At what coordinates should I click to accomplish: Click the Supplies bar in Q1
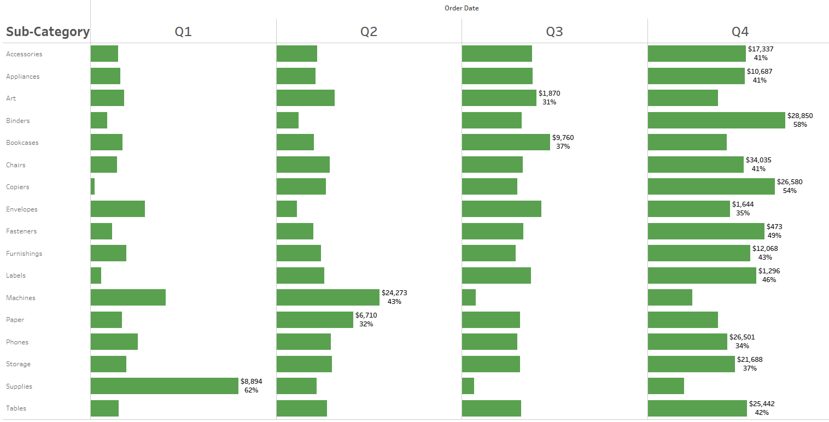pos(165,386)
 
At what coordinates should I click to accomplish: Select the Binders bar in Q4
pos(716,120)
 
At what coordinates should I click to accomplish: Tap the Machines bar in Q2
pos(328,297)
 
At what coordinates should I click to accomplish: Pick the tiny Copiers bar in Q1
pos(93,187)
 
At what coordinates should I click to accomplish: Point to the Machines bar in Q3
pos(469,297)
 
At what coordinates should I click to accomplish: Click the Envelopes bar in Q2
pos(287,209)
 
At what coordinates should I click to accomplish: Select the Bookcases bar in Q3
pos(506,142)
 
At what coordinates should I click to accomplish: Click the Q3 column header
pos(554,32)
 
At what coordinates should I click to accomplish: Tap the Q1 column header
pos(183,32)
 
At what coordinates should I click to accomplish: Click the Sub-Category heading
pos(48,32)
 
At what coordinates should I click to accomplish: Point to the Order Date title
pos(462,8)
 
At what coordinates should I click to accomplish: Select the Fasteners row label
pos(21,231)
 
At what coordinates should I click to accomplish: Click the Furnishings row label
pos(24,254)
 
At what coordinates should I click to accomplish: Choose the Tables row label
pos(16,408)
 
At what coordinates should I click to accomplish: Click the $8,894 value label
pos(254,382)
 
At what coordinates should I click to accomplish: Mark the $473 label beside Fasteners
pos(774,226)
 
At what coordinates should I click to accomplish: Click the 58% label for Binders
pos(800,125)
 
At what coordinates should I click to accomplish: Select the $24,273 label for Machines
pos(394,293)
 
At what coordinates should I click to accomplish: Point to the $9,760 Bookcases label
pos(563,138)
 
